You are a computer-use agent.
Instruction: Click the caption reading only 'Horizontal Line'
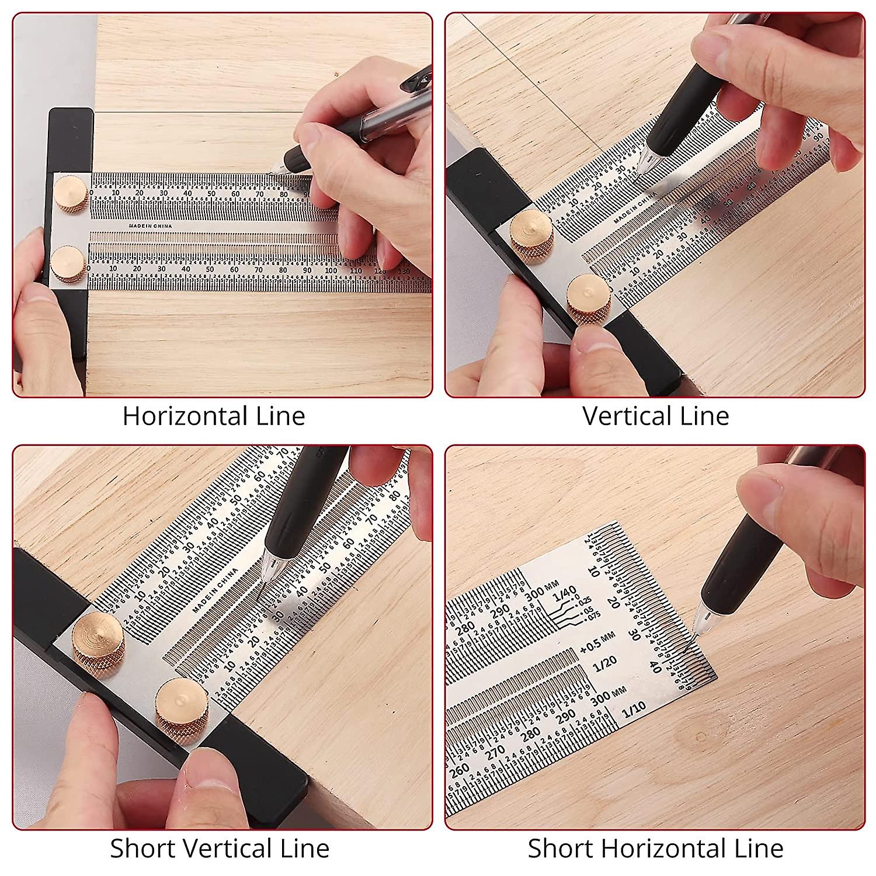coord(214,416)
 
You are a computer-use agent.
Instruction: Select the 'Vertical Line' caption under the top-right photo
coord(655,416)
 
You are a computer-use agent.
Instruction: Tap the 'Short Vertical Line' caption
coord(220,848)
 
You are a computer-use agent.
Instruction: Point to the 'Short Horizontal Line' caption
coord(655,848)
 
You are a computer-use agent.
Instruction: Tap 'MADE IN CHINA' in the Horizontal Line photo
coord(153,224)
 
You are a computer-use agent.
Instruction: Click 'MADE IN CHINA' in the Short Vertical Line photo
coord(215,590)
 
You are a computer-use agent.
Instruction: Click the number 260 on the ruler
coord(460,771)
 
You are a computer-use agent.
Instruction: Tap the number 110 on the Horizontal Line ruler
coord(355,270)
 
